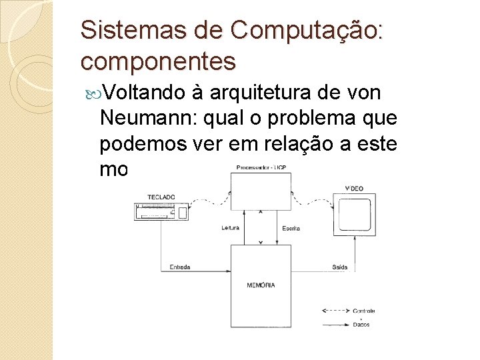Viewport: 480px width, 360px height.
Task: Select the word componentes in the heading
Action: [x=158, y=61]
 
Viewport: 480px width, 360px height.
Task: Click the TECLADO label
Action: [x=161, y=197]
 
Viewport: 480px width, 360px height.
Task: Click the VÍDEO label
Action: [x=355, y=189]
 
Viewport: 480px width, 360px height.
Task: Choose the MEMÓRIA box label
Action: [x=261, y=285]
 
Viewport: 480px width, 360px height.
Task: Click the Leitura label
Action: [x=231, y=228]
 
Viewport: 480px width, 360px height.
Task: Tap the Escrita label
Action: [x=290, y=228]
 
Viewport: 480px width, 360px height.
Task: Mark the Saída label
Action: [x=339, y=267]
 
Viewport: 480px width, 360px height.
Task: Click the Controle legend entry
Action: [x=363, y=311]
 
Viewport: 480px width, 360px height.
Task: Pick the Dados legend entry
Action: [x=361, y=325]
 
